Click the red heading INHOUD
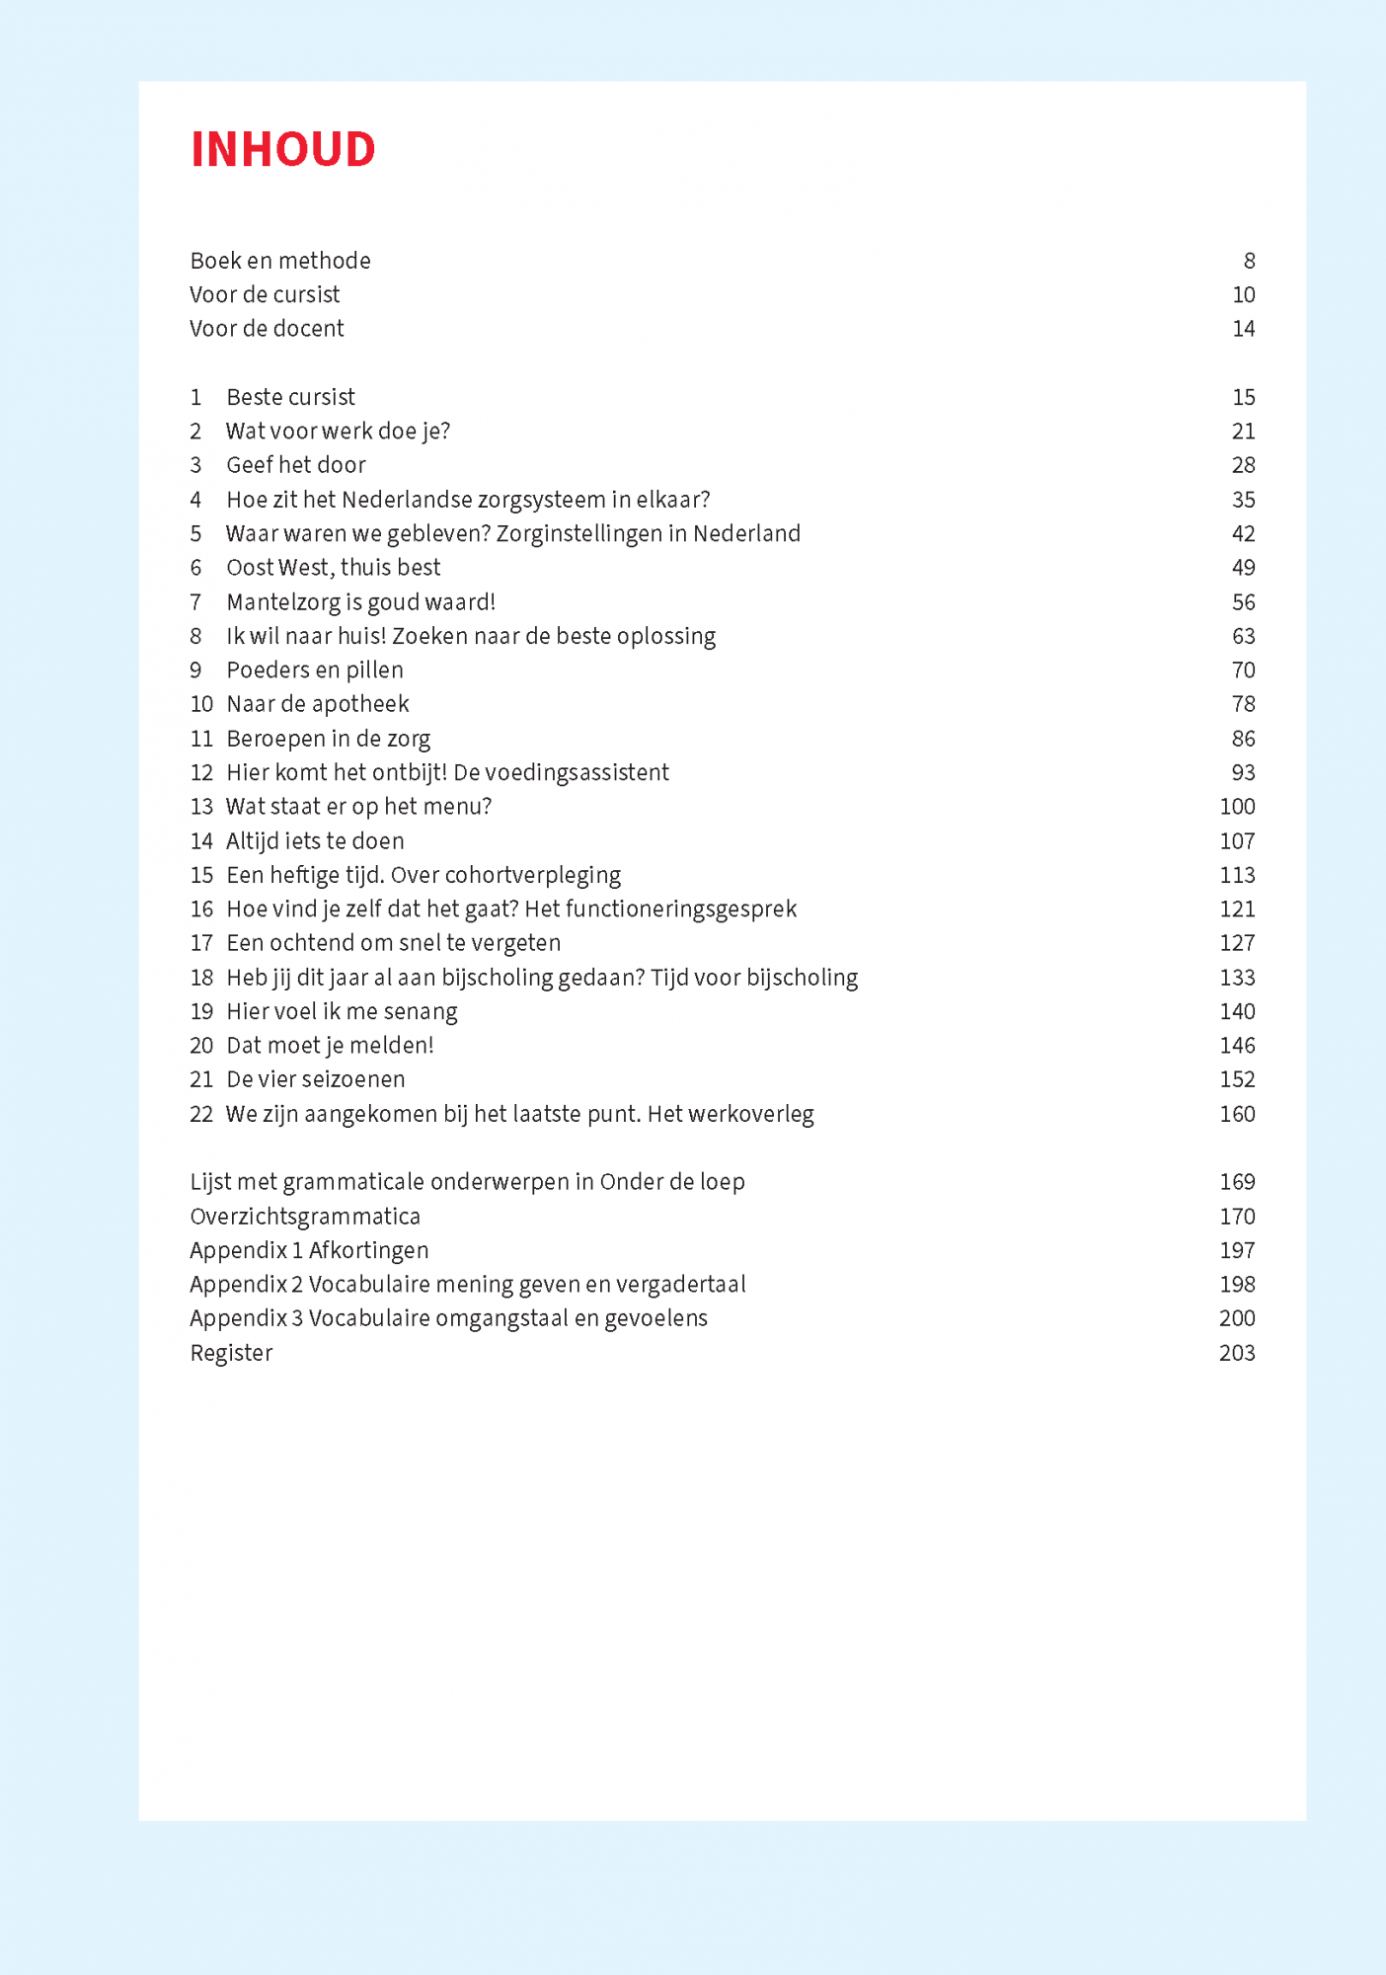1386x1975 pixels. [x=282, y=149]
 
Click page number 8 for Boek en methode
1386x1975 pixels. [x=1249, y=261]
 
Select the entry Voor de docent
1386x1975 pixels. [x=267, y=329]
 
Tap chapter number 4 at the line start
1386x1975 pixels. [x=195, y=500]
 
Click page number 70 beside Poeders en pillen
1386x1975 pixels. [x=1243, y=671]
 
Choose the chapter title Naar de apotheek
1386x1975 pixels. [x=317, y=704]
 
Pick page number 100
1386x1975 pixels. [x=1237, y=807]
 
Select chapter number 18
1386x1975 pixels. [x=201, y=978]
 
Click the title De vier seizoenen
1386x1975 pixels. [x=315, y=1079]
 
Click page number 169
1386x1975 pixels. [x=1237, y=1182]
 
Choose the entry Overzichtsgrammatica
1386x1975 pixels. [x=305, y=1217]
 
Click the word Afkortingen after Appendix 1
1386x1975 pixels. [x=368, y=1250]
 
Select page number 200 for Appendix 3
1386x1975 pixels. [x=1237, y=1318]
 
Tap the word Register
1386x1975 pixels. [x=231, y=1353]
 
